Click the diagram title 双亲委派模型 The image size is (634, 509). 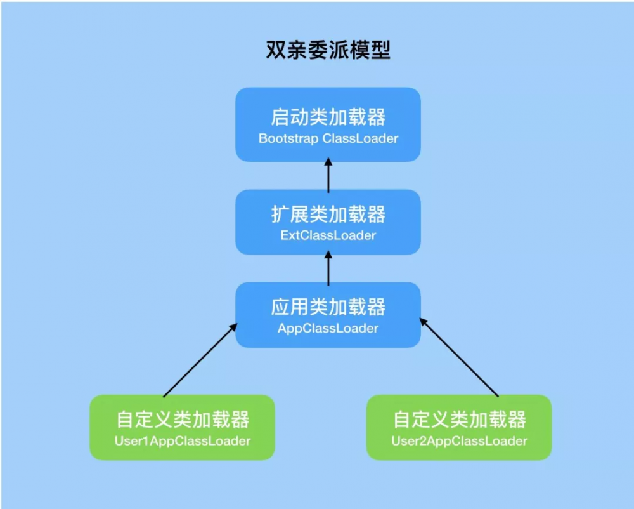click(328, 50)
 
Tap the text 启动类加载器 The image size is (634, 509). click(328, 117)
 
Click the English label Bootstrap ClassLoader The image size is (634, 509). click(328, 138)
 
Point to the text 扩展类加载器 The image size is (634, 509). click(328, 215)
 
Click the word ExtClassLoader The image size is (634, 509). click(328, 235)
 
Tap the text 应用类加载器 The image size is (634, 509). click(328, 308)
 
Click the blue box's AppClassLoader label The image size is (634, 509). click(328, 329)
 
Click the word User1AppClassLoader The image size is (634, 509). click(182, 440)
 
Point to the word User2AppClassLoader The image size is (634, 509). click(459, 440)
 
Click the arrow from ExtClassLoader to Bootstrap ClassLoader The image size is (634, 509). click(328, 176)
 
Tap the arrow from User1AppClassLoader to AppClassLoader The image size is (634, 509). click(200, 360)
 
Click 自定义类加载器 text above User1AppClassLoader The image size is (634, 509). click(182, 420)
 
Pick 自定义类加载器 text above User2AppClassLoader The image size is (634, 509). click(459, 420)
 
